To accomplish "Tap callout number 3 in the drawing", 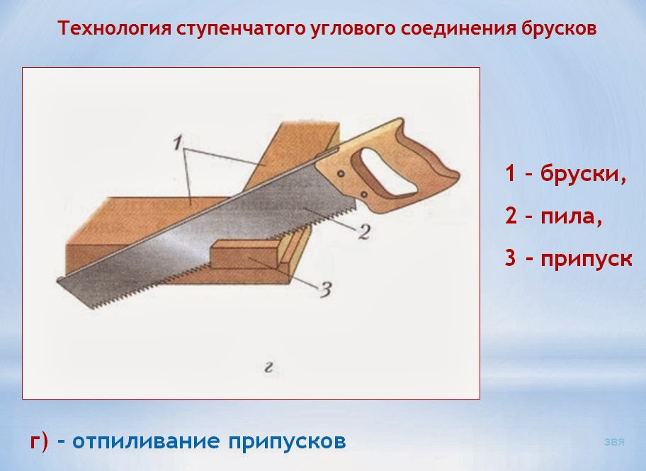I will coord(325,289).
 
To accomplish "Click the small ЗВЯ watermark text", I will coord(614,443).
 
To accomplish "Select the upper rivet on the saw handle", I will coord(341,172).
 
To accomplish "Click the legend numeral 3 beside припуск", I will coord(511,258).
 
